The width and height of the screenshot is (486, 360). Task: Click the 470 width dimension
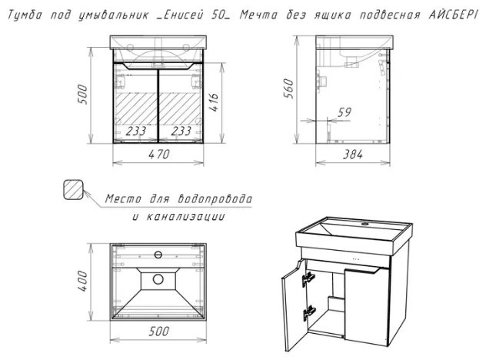tap(158, 154)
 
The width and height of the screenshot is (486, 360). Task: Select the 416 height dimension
tap(214, 102)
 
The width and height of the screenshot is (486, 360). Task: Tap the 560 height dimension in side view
tap(288, 88)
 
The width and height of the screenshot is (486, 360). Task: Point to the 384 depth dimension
tap(353, 154)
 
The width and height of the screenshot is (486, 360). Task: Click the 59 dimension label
tap(345, 112)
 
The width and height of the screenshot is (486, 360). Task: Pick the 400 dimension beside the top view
tap(82, 281)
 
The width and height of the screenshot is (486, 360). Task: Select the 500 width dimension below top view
tap(158, 332)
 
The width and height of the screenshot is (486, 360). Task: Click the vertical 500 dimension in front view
tap(82, 94)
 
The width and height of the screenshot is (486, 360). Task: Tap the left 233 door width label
tap(136, 131)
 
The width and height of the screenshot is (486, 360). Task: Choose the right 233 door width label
tap(181, 131)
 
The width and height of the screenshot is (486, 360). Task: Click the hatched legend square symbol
tap(73, 189)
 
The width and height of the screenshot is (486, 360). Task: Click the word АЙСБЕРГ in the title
tap(452, 15)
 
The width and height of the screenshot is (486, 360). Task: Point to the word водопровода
tap(215, 198)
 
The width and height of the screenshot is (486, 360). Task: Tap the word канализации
tap(185, 216)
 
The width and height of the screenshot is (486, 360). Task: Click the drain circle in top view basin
tap(158, 279)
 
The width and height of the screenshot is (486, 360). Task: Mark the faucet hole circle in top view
tap(158, 255)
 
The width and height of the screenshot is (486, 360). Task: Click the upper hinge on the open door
tap(308, 278)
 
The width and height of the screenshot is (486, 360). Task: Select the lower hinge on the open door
tap(309, 312)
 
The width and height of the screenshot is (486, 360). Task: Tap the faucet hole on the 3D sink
tap(365, 223)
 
